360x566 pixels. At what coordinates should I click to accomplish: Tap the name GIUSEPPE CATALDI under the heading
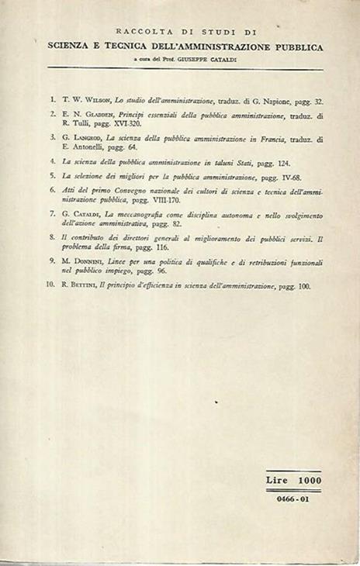click(223, 60)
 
